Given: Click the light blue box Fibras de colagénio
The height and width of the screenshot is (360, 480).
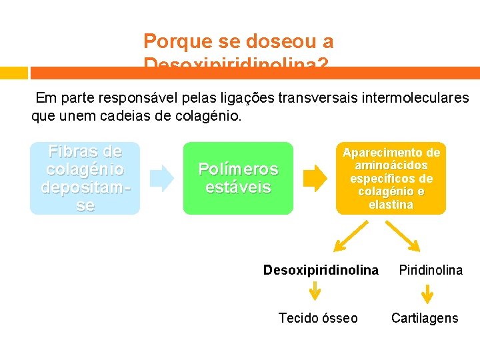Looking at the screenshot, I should [85, 178].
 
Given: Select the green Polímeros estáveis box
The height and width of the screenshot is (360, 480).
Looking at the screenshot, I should [238, 178].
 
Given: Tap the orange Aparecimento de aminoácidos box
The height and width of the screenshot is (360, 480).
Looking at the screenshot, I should [391, 178].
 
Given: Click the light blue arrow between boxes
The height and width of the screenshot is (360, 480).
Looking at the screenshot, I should [161, 178].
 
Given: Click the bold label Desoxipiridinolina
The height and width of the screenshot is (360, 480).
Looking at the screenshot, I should [321, 270].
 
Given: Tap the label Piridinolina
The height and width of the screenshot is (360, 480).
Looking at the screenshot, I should [431, 270].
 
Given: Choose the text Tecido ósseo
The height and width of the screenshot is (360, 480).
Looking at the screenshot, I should [318, 318].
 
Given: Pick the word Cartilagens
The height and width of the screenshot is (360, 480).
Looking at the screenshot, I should [425, 318].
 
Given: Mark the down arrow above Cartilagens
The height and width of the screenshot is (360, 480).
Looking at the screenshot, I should [427, 293].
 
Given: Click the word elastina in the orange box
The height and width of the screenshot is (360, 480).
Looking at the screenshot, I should [391, 205].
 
